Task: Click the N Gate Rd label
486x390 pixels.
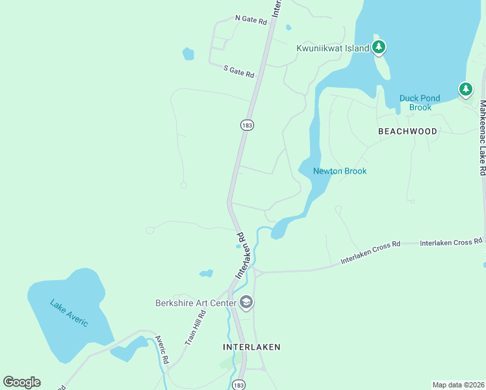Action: click(x=251, y=20)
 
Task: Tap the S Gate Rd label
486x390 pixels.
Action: click(x=238, y=70)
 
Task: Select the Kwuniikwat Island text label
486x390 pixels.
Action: click(x=332, y=48)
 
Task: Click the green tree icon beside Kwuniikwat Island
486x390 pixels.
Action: click(x=379, y=47)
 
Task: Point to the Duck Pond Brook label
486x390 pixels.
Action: click(x=420, y=103)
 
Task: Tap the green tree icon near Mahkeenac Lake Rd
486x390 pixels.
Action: click(x=465, y=89)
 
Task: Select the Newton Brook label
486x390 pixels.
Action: click(x=340, y=172)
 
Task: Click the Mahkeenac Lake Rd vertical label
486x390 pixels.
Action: click(x=482, y=138)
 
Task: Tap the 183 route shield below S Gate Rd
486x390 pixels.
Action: click(x=246, y=125)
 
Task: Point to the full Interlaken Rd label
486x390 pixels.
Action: click(x=242, y=255)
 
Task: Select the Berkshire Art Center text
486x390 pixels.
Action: click(x=196, y=303)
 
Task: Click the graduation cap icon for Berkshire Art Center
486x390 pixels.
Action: click(x=246, y=302)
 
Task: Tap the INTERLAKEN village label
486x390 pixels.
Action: click(x=251, y=347)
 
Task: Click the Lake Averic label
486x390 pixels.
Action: click(x=69, y=313)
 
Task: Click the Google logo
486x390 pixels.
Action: click(x=21, y=382)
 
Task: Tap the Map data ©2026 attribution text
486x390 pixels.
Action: click(x=458, y=385)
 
